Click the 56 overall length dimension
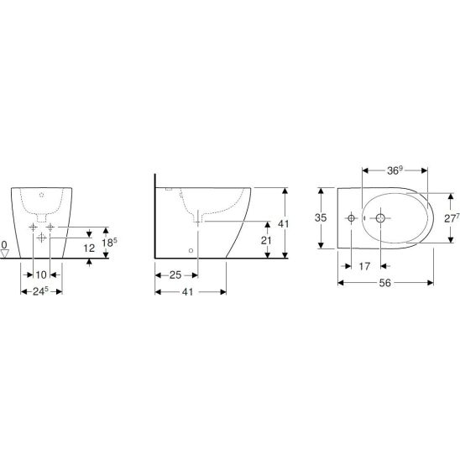tap(385, 283)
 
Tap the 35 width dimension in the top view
tap(321, 217)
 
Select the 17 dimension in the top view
tap(364, 266)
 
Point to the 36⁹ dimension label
tap(394, 170)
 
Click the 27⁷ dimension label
tap(451, 218)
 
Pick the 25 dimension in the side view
tap(175, 275)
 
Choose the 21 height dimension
tap(266, 241)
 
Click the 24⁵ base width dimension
tap(40, 291)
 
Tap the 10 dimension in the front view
tap(41, 274)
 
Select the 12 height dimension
tap(89, 248)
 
